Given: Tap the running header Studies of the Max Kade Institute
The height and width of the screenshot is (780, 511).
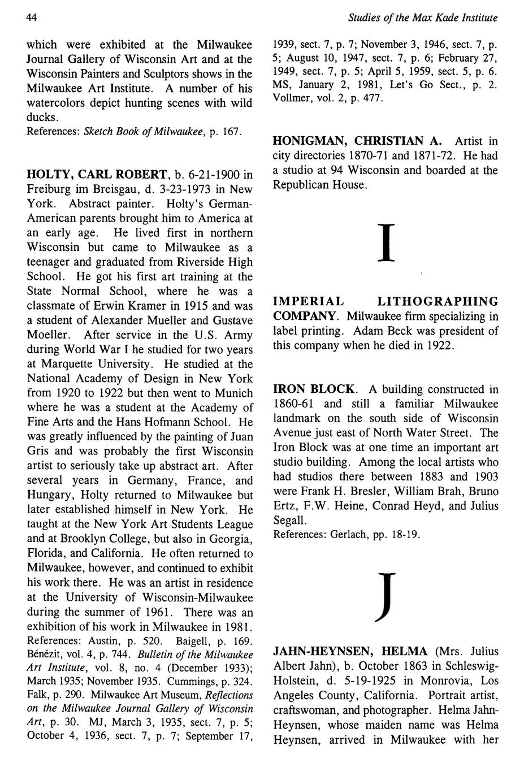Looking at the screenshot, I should pos(423,18).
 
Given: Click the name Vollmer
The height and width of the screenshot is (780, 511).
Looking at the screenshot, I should pos(291,98).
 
